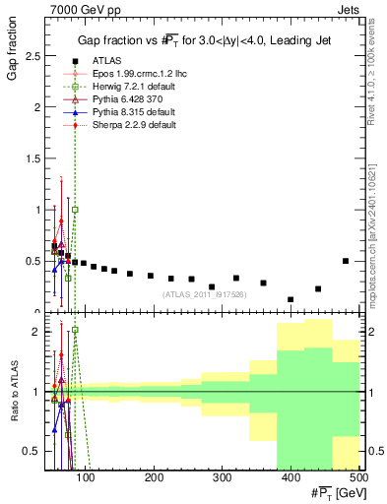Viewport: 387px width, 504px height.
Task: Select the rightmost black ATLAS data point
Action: click(x=346, y=261)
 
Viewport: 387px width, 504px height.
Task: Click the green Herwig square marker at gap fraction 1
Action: click(x=75, y=210)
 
